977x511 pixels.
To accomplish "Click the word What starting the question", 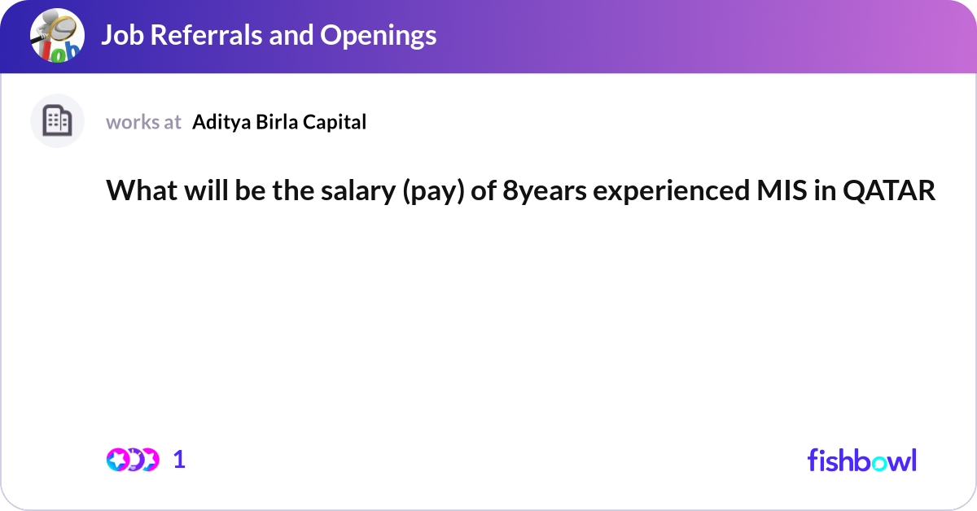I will click(138, 191).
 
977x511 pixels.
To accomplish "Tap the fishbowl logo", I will click(861, 460).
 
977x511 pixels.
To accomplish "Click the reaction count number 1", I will click(180, 460).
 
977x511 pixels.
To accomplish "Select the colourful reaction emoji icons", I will click(132, 460).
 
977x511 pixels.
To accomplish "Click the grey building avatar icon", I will click(57, 121).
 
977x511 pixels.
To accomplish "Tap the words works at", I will click(143, 122).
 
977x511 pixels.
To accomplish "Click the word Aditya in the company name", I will click(217, 122).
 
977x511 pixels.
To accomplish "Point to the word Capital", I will click(335, 122).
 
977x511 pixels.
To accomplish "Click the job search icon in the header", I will click(57, 36).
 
